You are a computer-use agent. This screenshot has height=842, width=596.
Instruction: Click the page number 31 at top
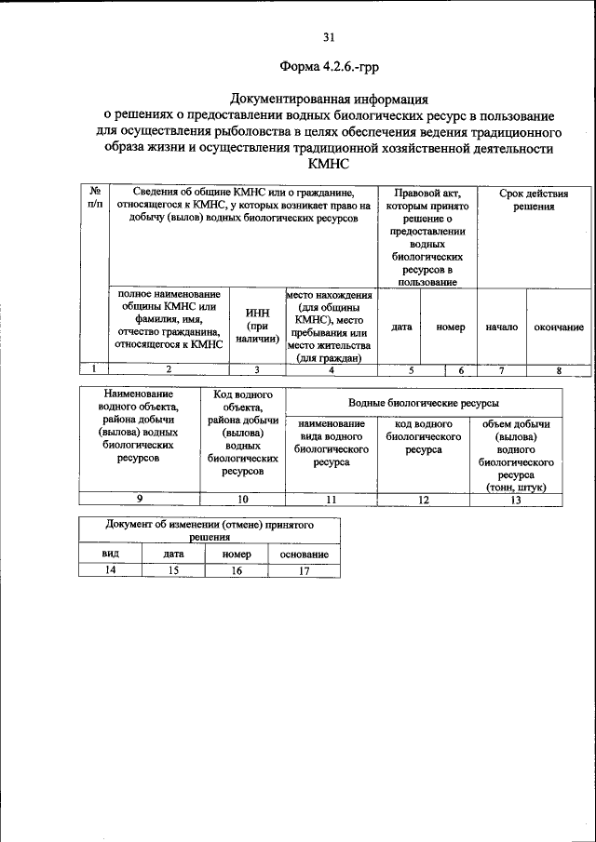329,37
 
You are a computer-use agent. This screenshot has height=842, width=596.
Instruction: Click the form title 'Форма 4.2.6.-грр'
329,67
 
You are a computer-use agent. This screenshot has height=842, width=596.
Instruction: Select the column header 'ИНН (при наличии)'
257,327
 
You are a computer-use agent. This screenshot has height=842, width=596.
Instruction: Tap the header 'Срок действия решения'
534,200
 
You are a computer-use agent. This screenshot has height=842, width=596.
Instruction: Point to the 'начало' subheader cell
502,327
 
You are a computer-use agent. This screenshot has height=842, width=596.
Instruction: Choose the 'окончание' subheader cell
559,327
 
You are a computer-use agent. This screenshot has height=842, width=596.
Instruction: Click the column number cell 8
559,370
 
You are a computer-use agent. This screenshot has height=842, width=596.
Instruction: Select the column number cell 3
257,370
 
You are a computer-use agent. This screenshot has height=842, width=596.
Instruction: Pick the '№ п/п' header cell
95,197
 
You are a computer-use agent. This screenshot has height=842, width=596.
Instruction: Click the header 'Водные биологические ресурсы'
423,403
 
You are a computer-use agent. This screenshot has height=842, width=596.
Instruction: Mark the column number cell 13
516,500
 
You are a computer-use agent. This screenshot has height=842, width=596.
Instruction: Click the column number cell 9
140,500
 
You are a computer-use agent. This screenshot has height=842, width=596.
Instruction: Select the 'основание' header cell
305,555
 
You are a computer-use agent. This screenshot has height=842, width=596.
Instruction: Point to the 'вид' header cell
109,555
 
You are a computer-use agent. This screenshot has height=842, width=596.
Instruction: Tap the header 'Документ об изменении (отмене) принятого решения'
210,531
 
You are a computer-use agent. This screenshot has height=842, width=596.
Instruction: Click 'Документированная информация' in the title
329,99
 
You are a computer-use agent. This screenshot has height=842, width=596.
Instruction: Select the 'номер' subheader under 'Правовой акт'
450,327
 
